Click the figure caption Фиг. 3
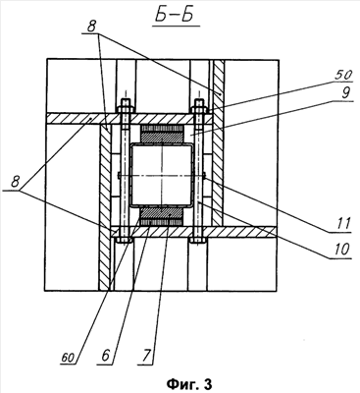[x=189, y=383]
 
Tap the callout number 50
[x=343, y=75]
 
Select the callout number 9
[x=345, y=93]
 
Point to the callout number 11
[x=342, y=224]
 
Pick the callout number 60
[x=68, y=358]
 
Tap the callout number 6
[x=105, y=356]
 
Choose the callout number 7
[x=147, y=356]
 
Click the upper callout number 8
[x=91, y=28]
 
